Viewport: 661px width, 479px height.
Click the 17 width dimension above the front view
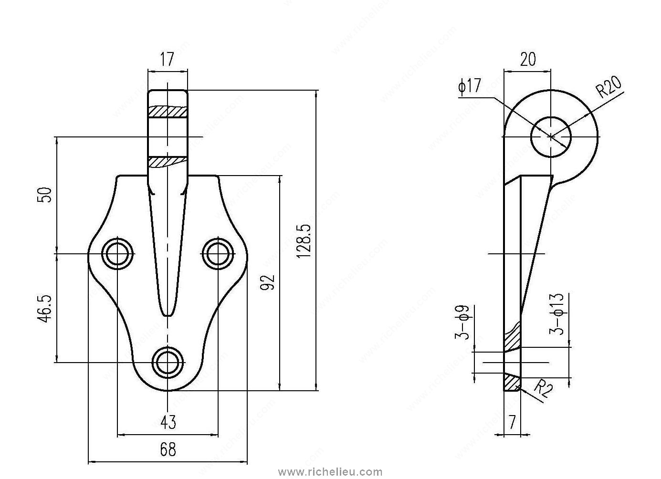click(167, 60)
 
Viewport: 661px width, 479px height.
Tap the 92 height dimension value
click(269, 282)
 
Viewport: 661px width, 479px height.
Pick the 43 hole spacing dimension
click(168, 422)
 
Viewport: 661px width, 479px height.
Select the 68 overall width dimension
click(168, 449)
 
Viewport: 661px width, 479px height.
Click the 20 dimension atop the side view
click(527, 60)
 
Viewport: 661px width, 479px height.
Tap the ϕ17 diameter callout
click(470, 87)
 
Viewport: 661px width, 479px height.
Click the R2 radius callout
click(543, 388)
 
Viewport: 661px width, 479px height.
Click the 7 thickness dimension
click(513, 422)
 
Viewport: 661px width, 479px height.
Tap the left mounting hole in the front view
click(118, 253)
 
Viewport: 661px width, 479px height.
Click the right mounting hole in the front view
click(218, 253)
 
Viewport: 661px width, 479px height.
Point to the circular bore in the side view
click(551, 137)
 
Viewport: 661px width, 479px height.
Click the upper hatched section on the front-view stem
click(168, 111)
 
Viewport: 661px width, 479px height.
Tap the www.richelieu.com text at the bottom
click(330, 472)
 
